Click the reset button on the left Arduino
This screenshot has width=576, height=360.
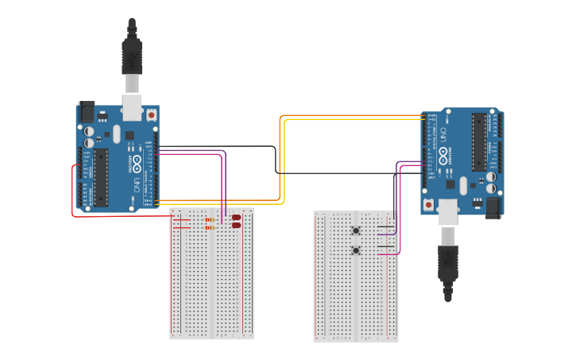(151, 114)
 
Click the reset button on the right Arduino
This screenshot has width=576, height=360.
(430, 205)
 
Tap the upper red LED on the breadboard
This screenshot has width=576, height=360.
(236, 217)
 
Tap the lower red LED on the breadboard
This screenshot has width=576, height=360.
(236, 226)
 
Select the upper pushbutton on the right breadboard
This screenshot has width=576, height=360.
(355, 231)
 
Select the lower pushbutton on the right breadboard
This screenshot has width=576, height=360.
(355, 250)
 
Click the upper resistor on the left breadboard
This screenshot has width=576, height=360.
(211, 219)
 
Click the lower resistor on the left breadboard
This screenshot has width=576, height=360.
(211, 227)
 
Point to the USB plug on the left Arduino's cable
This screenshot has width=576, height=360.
(132, 56)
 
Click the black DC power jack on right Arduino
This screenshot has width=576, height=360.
(493, 207)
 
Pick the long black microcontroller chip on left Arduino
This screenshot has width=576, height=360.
(101, 176)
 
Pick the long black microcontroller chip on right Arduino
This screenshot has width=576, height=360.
(478, 141)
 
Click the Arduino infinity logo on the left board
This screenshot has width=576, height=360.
(137, 165)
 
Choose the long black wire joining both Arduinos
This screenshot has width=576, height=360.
(276, 159)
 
